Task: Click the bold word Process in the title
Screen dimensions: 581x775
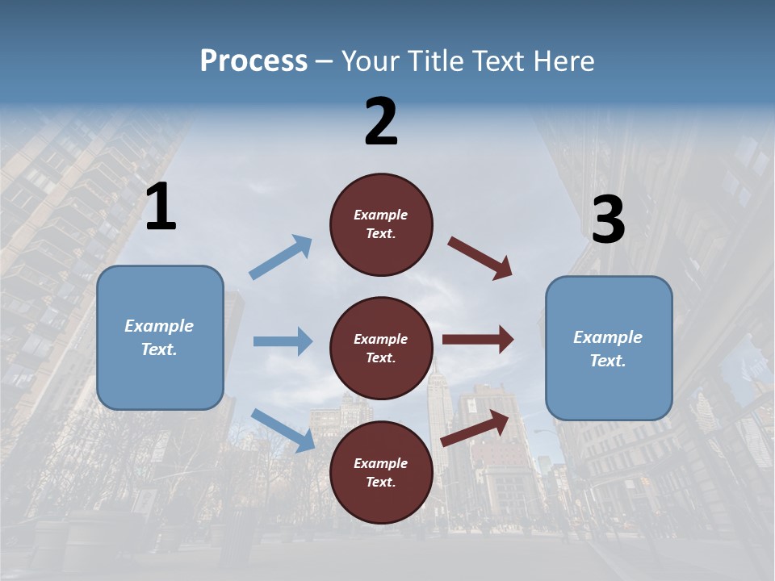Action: (x=253, y=61)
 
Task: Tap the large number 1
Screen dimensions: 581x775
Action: (x=161, y=207)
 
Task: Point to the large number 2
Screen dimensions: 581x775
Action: (x=381, y=122)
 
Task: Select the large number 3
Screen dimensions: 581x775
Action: (x=608, y=220)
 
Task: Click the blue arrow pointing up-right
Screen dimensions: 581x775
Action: (x=281, y=257)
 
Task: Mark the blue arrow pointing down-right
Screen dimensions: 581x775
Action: (x=283, y=430)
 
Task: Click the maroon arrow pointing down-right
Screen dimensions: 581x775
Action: (x=480, y=258)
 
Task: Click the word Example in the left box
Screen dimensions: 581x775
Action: (x=159, y=326)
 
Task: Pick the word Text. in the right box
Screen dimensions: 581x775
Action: (x=608, y=361)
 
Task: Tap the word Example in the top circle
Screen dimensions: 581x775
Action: (x=381, y=215)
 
